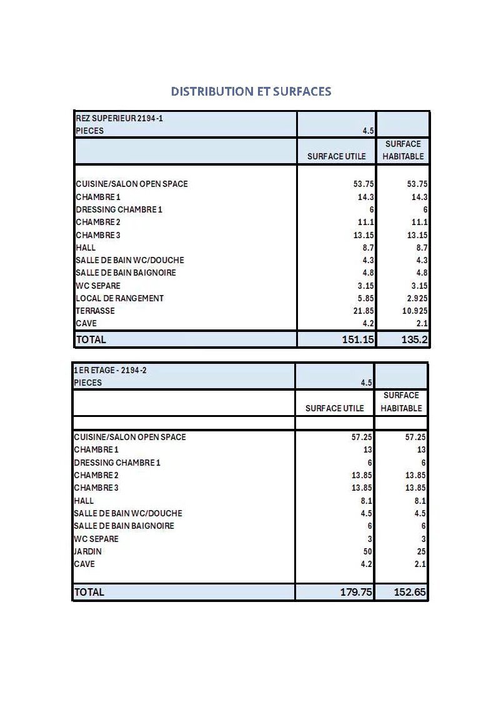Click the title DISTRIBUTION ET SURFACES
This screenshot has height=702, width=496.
(251, 91)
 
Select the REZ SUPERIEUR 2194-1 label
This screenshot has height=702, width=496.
(119, 118)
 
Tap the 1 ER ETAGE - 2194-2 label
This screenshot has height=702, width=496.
(111, 370)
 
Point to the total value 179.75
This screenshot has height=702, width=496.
(356, 592)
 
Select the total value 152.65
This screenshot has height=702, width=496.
(410, 592)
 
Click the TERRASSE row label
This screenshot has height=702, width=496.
(95, 311)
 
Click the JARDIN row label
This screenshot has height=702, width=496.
(87, 551)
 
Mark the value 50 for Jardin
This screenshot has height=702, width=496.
(367, 551)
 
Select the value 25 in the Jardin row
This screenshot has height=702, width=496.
(420, 551)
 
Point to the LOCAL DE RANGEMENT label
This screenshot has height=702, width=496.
(119, 298)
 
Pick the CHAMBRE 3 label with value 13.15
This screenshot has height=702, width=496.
(98, 235)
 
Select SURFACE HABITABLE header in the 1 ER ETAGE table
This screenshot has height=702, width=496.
(401, 402)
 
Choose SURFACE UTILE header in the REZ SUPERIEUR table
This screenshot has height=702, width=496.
(336, 156)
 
